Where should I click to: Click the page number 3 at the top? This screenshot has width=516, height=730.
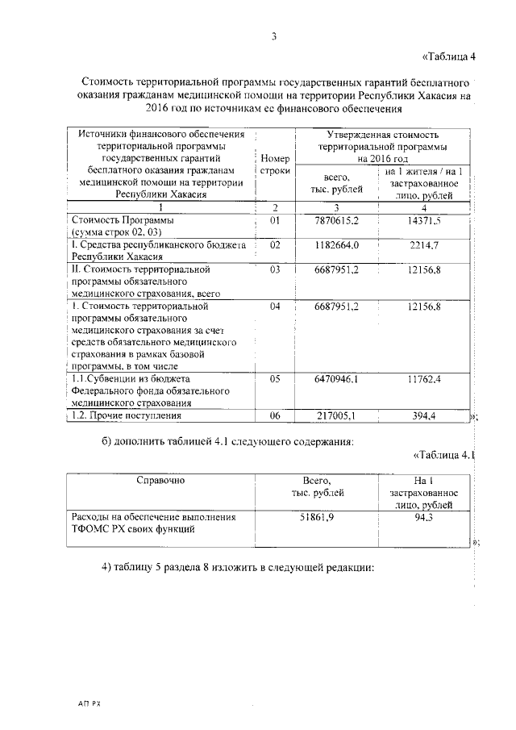pos(275,36)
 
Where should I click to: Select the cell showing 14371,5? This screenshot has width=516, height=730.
pos(423,220)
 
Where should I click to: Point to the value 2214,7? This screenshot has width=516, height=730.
pos(423,244)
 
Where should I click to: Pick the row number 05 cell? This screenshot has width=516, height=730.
pos(275,377)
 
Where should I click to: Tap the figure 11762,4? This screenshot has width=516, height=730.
pos(423,377)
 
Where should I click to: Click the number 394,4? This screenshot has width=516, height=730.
pos(423,415)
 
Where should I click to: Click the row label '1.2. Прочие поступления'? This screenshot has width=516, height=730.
pos(125,415)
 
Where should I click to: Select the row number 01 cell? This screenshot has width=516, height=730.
pos(275,220)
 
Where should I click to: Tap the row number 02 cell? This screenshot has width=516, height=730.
pos(275,244)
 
